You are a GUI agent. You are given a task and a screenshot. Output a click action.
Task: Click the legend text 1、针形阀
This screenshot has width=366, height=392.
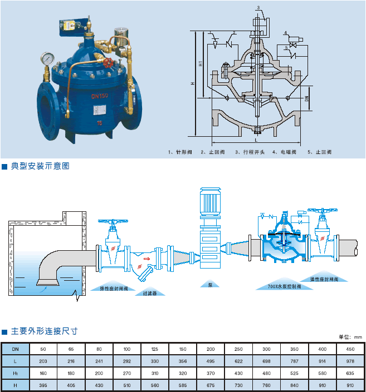[180, 152]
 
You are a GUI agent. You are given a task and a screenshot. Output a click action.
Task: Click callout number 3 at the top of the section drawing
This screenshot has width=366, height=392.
[258, 7]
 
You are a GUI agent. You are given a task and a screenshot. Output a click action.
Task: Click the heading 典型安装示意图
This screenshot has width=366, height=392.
[40, 166]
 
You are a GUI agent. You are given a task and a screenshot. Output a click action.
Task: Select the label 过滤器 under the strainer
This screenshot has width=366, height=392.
[149, 293]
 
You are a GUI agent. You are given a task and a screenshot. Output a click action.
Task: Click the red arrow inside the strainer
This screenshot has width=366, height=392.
[146, 258]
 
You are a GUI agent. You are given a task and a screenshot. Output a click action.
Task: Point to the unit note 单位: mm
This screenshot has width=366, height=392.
[350, 336]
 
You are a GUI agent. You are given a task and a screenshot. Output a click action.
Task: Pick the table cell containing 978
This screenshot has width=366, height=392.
[350, 360]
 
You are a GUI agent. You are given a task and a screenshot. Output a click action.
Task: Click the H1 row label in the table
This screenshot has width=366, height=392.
[15, 373]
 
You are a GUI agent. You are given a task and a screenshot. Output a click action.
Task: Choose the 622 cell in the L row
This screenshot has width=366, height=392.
[238, 360]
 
